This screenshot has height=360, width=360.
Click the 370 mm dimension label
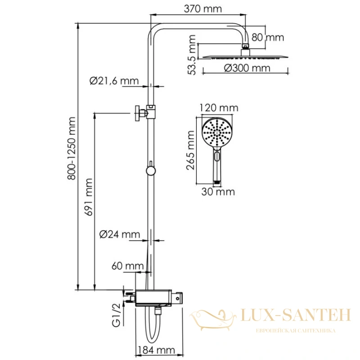point(203,9)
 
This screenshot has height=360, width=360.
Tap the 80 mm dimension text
point(268,37)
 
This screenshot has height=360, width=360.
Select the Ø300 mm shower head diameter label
point(247,68)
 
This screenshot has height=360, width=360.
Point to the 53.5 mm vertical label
point(192,54)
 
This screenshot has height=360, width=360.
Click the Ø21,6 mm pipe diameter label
point(114,81)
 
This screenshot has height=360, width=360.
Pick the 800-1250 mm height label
point(72,148)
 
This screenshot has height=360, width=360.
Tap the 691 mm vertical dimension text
point(89,197)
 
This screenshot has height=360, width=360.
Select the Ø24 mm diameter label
point(120,234)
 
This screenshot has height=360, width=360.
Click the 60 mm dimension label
point(127,266)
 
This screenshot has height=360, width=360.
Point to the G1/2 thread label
point(116,315)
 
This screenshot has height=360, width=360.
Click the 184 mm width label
point(156,351)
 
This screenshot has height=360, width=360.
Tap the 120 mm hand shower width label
point(219,108)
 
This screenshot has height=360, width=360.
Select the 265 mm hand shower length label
point(190,150)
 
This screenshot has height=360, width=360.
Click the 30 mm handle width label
point(218,192)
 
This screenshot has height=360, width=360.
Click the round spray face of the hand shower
point(217,132)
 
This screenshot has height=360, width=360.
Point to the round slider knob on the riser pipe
point(151,171)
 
